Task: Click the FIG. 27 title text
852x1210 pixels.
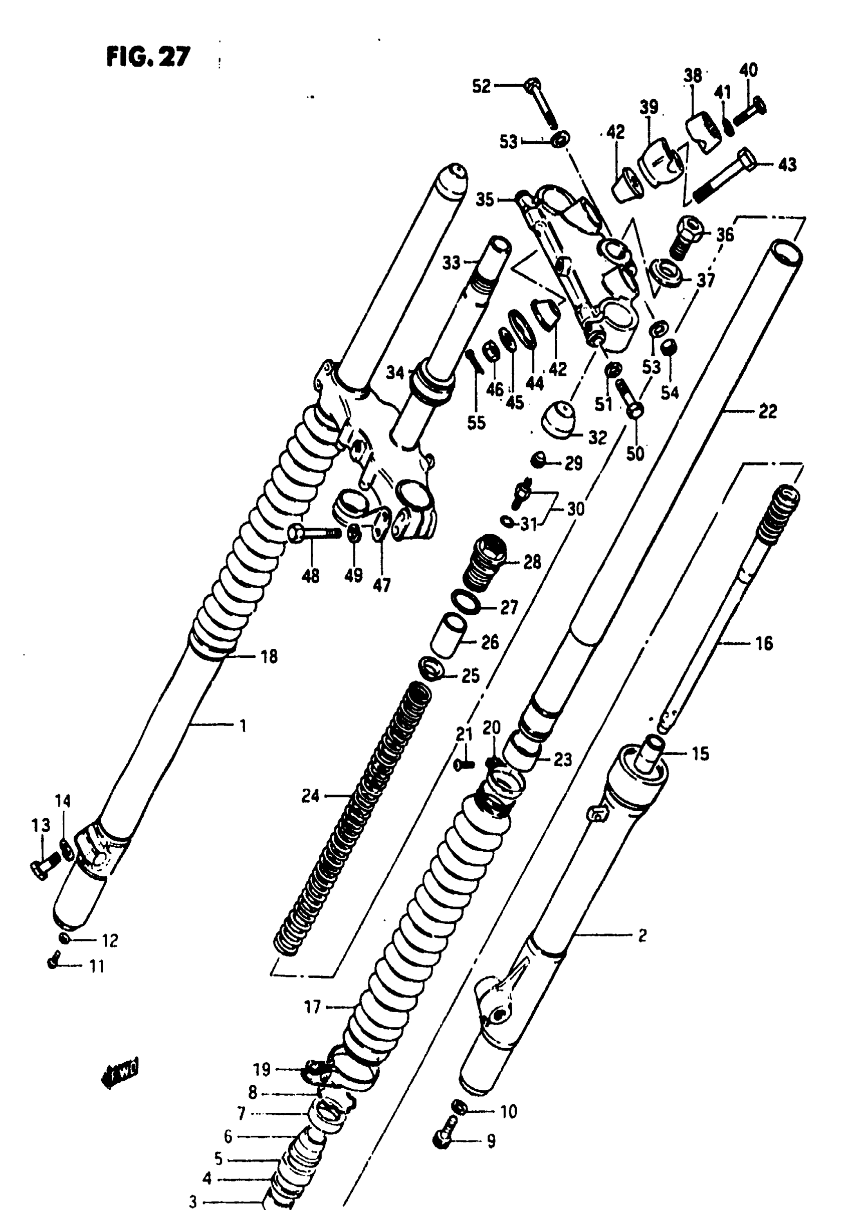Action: (148, 57)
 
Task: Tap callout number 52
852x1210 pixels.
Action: (481, 86)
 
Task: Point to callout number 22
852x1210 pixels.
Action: (767, 411)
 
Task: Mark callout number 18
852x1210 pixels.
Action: (269, 657)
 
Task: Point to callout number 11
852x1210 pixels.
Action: (96, 966)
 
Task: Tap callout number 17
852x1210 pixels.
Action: (312, 1007)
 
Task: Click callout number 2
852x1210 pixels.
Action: (642, 935)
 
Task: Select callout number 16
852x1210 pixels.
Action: (763, 643)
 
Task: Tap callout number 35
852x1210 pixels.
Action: (485, 199)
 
